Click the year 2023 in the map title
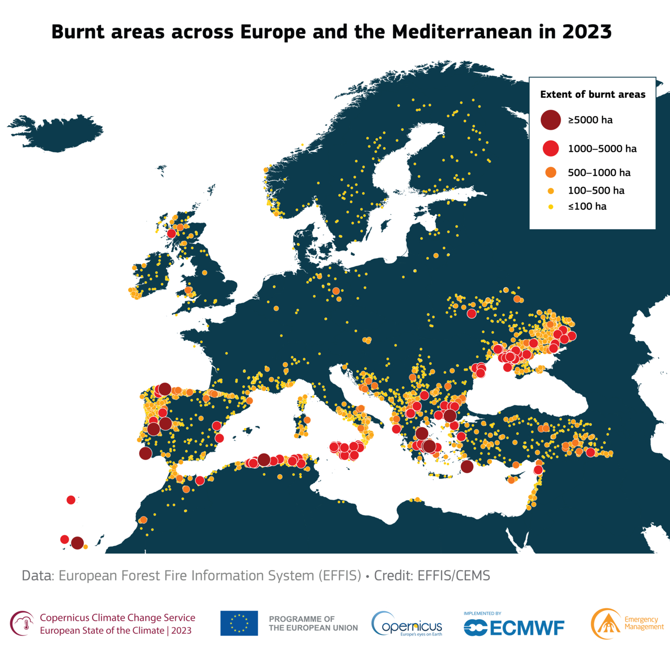click(x=587, y=32)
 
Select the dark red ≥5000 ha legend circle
click(x=551, y=120)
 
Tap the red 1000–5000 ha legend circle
click(x=551, y=149)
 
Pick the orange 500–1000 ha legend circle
click(x=551, y=173)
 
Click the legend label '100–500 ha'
click(x=596, y=191)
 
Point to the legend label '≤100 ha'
click(x=587, y=206)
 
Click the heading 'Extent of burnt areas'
click(x=593, y=95)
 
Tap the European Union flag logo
click(x=239, y=623)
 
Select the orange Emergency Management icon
click(x=606, y=624)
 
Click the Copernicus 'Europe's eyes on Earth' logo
click(x=407, y=624)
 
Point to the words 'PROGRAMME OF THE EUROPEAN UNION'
click(x=313, y=623)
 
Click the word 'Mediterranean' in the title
click(x=462, y=32)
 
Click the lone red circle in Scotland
click(x=171, y=233)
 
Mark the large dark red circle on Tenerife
click(x=77, y=543)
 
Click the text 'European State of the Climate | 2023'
click(x=116, y=630)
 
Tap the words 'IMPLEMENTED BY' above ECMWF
click(x=482, y=613)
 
